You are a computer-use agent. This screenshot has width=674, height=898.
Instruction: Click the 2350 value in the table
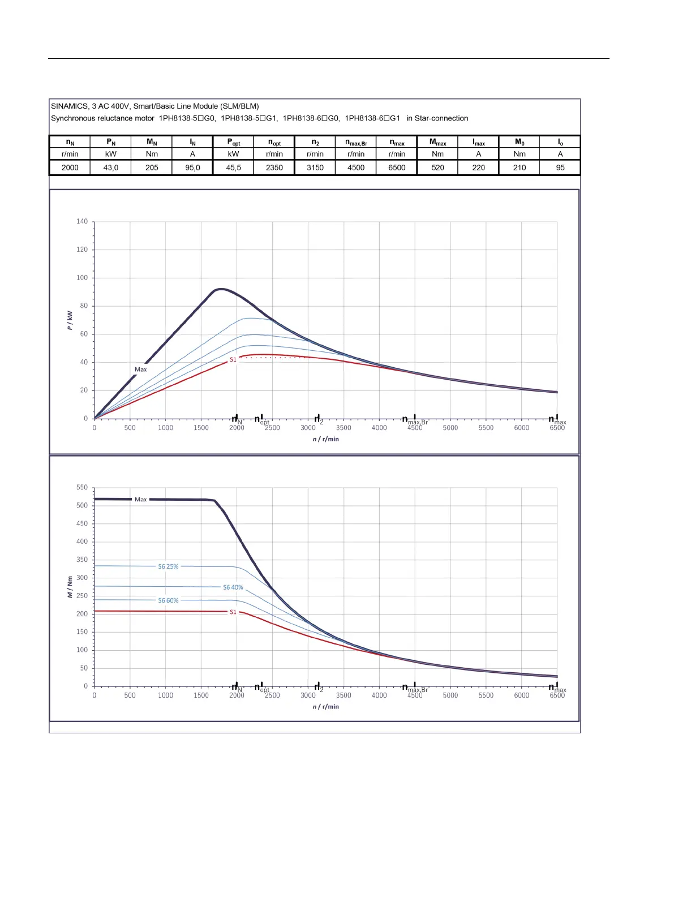[274, 167]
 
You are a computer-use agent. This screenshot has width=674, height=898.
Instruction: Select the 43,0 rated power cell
[111, 167]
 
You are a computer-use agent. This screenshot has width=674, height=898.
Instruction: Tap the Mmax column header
[437, 142]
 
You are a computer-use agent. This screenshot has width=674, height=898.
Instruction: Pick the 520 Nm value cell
[437, 167]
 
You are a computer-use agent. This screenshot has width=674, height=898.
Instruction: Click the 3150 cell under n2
[315, 167]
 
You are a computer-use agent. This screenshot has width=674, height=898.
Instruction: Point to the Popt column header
[234, 142]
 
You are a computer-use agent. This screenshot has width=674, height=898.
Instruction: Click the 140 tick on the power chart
[82, 221]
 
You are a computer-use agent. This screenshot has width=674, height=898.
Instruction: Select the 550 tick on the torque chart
[82, 487]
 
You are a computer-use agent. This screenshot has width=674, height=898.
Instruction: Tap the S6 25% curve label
[168, 566]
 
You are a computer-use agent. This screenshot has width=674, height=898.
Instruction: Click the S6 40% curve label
[233, 587]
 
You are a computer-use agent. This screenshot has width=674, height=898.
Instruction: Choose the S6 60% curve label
[168, 600]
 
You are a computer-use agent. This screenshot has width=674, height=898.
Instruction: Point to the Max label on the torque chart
[140, 499]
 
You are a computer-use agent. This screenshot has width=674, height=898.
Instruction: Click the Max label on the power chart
[140, 369]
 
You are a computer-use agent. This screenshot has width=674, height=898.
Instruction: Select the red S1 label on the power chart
[233, 360]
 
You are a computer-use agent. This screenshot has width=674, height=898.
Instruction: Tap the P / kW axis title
[70, 320]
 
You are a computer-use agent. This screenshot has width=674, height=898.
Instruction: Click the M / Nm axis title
[70, 587]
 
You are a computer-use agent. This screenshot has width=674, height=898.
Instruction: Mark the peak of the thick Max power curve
[220, 289]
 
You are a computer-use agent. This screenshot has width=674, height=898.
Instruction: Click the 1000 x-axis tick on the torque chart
[165, 695]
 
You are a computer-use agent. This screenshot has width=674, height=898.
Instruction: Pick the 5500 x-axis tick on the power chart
[486, 428]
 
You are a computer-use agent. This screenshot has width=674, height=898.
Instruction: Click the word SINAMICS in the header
[69, 106]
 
